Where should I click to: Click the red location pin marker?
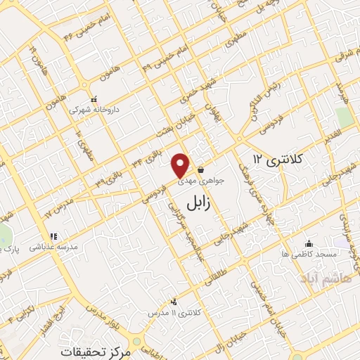click(181, 165)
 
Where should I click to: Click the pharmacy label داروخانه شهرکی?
click(94, 110)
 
